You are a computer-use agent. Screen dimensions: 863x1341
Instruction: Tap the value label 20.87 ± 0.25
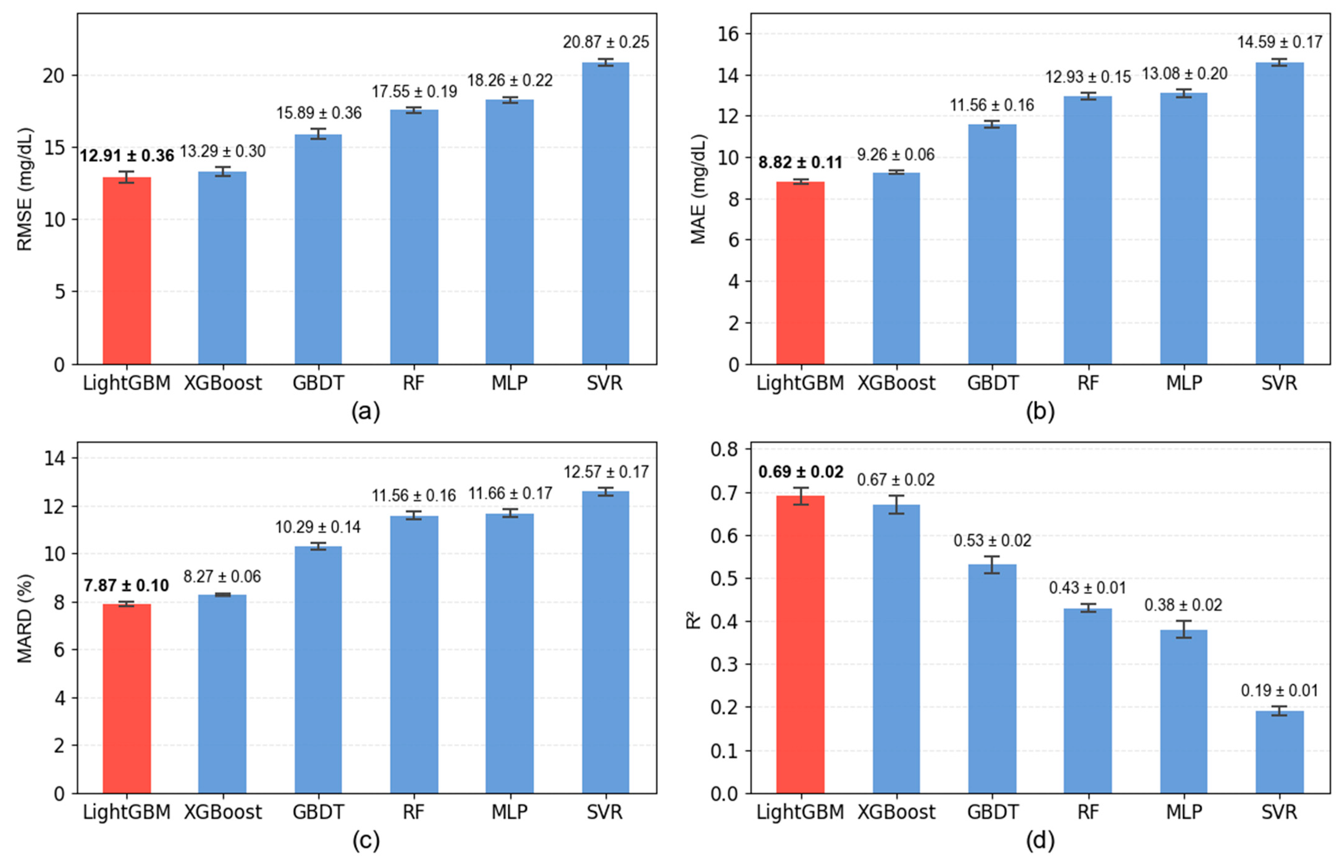click(606, 42)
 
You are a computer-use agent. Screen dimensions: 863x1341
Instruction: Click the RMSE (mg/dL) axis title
click(25, 189)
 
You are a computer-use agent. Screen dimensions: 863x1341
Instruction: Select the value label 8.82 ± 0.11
click(800, 163)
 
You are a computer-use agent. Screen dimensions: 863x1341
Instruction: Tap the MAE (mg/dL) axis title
click(698, 189)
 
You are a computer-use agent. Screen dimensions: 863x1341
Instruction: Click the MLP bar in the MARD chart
click(509, 653)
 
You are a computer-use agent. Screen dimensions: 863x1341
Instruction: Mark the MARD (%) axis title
click(25, 618)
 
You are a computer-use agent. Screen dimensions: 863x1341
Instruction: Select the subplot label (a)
click(366, 412)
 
